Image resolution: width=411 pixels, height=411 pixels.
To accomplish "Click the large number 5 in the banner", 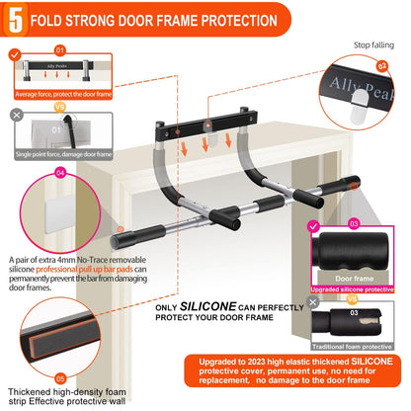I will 18,20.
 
